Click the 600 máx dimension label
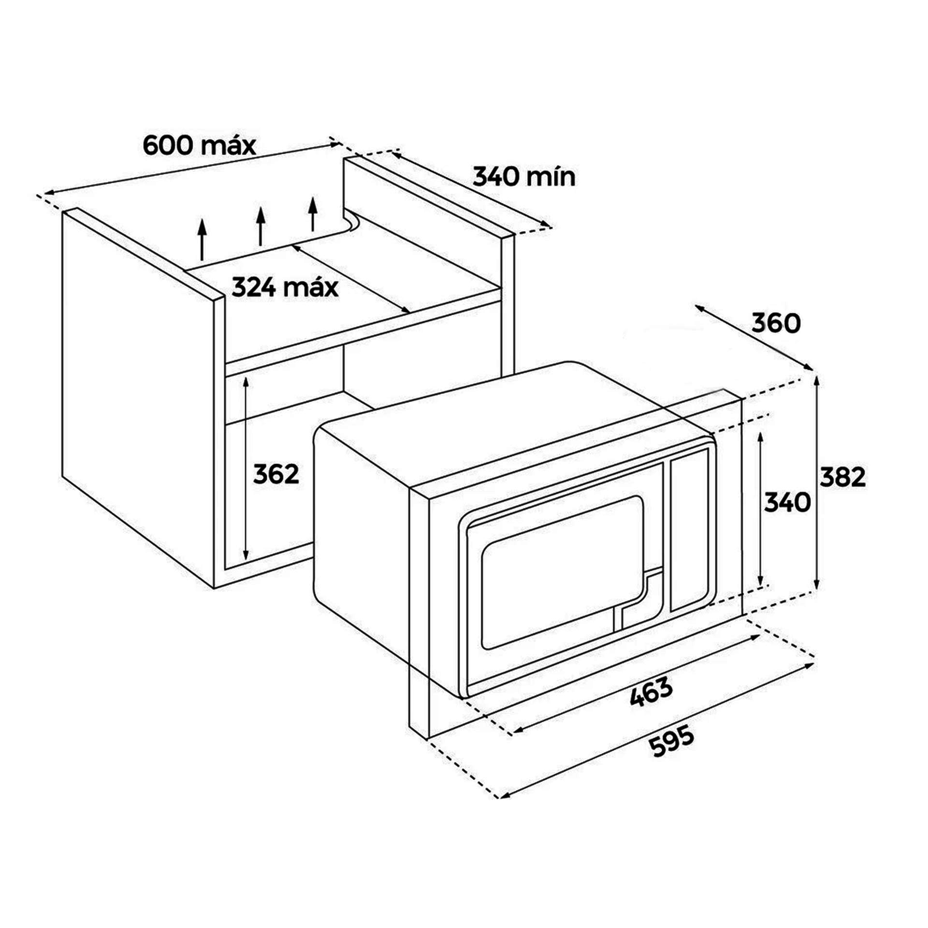pyautogui.click(x=199, y=145)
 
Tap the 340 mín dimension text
pyautogui.click(x=524, y=177)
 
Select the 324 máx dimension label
pyautogui.click(x=285, y=287)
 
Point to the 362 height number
pyautogui.click(x=276, y=474)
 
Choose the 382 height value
pyautogui.click(x=842, y=478)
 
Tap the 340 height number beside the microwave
pyautogui.click(x=787, y=503)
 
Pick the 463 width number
pyautogui.click(x=652, y=692)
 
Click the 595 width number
pyautogui.click(x=671, y=741)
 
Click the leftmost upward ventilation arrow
pyautogui.click(x=202, y=239)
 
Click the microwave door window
pyautogui.click(x=563, y=573)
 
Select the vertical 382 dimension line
pyautogui.click(x=816, y=483)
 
